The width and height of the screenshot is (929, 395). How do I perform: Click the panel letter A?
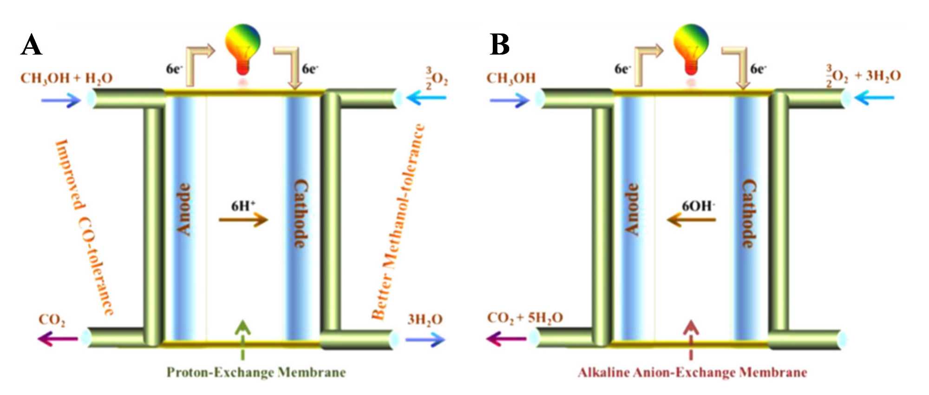pyautogui.click(x=31, y=46)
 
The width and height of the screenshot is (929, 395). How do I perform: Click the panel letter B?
pyautogui.click(x=500, y=46)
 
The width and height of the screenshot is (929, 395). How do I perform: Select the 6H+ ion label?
pyautogui.click(x=243, y=205)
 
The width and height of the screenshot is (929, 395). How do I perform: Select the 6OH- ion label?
pyautogui.click(x=698, y=205)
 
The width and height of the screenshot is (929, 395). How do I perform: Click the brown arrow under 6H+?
pyautogui.click(x=243, y=219)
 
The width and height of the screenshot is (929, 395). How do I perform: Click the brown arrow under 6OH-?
pyautogui.click(x=691, y=219)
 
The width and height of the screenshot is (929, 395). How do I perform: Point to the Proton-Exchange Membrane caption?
pyautogui.click(x=256, y=373)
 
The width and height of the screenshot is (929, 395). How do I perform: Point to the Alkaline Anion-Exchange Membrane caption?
pyautogui.click(x=692, y=373)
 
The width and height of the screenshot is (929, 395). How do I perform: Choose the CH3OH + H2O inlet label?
pyautogui.click(x=66, y=78)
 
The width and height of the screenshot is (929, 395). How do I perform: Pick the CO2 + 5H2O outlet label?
pyautogui.click(x=525, y=318)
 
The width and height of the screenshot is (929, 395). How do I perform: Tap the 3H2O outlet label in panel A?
pyautogui.click(x=425, y=319)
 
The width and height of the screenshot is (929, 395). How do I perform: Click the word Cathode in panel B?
pyautogui.click(x=748, y=214)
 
